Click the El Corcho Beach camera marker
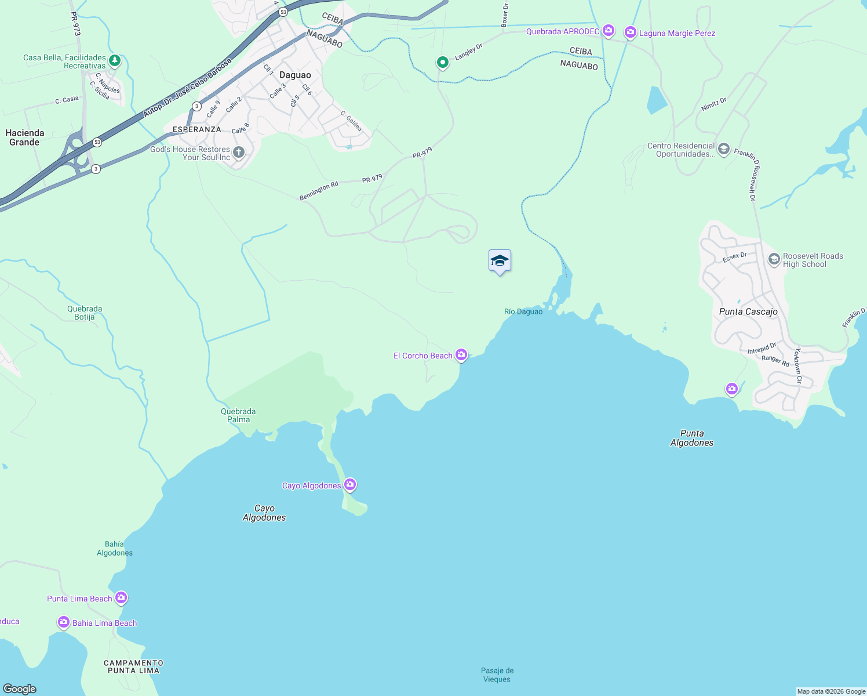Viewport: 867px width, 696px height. [x=461, y=354]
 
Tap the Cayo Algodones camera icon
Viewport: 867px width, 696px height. [x=350, y=484]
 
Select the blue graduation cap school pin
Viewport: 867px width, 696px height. [x=500, y=261]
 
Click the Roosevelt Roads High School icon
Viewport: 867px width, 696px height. [x=774, y=259]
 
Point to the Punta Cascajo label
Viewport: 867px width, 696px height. [x=748, y=311]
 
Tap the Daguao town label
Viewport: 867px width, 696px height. [x=295, y=75]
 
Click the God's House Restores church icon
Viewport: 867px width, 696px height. [x=238, y=152]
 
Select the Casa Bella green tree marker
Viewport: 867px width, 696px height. [x=115, y=60]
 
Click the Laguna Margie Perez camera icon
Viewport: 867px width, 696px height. [x=631, y=32]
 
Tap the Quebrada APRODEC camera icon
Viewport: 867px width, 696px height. [x=608, y=30]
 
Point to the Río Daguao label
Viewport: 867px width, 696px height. [x=523, y=311]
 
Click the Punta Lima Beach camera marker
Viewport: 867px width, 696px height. [x=121, y=597]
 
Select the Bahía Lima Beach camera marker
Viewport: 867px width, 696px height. [x=64, y=622]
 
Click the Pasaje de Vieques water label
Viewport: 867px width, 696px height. [x=497, y=675]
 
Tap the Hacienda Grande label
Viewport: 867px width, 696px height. [x=24, y=137]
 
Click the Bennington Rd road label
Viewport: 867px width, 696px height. [x=319, y=191]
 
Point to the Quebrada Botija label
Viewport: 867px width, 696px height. [x=85, y=313]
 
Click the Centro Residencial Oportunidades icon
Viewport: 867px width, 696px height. [x=723, y=149]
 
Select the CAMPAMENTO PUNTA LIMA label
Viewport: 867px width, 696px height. [x=133, y=666]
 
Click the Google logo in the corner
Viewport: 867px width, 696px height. [x=20, y=688]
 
